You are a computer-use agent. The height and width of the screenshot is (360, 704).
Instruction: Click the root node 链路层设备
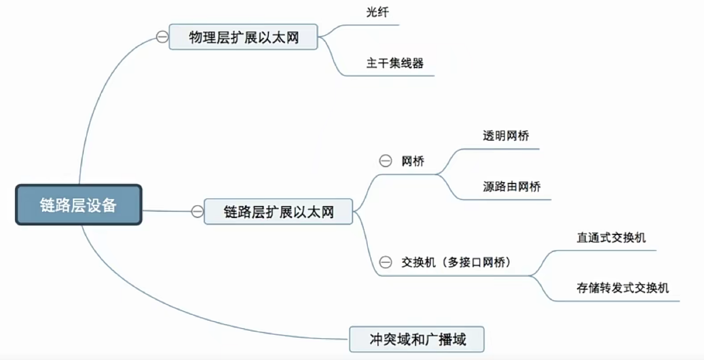click(x=78, y=205)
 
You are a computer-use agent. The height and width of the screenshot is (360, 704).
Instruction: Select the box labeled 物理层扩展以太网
click(x=244, y=37)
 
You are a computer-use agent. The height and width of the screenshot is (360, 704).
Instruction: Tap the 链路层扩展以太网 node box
click(x=278, y=212)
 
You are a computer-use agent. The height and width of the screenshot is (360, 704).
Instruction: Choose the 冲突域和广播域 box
click(x=417, y=338)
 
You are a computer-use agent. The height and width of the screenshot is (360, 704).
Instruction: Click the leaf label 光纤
click(x=377, y=12)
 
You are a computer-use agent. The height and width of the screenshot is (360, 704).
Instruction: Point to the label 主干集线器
click(x=394, y=63)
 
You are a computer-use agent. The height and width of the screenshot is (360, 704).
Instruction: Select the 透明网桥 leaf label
click(x=506, y=135)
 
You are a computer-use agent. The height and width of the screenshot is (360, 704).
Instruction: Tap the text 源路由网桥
click(x=512, y=187)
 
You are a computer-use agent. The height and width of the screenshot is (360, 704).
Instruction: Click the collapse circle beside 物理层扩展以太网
click(x=162, y=37)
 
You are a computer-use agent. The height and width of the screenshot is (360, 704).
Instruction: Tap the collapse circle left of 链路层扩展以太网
click(x=197, y=212)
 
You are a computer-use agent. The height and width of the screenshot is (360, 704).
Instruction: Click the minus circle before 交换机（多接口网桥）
click(x=385, y=262)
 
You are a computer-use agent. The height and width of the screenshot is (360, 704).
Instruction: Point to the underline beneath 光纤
click(x=377, y=25)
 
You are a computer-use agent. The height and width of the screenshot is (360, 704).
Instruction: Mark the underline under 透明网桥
click(x=506, y=149)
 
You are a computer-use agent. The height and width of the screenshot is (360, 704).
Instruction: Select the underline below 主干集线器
click(x=394, y=75)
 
